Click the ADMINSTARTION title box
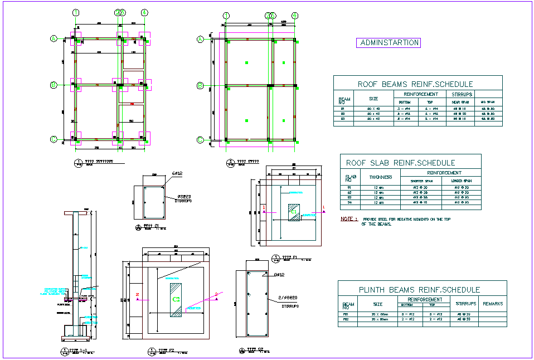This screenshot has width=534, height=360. point(388,42)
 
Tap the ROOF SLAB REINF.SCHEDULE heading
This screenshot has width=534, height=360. point(400,163)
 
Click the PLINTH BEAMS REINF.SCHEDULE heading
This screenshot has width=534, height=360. point(420,289)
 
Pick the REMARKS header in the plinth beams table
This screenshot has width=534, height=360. point(493,304)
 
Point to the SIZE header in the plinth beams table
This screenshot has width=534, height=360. point(378,304)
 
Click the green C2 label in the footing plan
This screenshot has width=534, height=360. point(176,299)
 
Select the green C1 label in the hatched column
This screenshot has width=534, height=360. point(293,212)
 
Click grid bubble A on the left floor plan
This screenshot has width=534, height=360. point(54,38)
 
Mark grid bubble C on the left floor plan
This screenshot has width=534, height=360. point(54,139)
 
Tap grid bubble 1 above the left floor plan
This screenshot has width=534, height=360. point(76,12)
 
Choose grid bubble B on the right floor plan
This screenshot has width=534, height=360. point(200,85)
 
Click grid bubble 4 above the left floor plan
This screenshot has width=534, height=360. point(144,12)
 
